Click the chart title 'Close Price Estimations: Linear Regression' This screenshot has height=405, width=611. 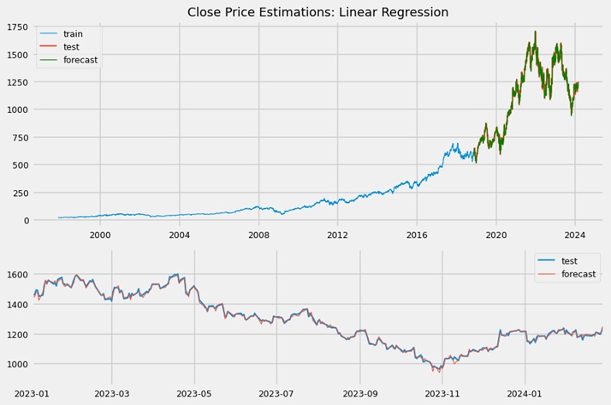point(317,12)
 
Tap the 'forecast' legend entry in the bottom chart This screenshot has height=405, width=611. point(579,275)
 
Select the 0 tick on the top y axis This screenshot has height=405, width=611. point(26,221)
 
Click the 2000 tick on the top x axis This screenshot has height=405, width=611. point(100,234)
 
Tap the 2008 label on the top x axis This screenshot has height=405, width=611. point(258,234)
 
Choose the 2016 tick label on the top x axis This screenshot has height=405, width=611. point(417,234)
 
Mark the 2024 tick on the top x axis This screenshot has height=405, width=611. point(575,234)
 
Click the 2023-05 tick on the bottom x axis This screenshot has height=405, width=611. point(194,393)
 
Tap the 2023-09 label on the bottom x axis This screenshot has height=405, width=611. point(359,393)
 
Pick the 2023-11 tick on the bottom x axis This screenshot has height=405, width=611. point(442,393)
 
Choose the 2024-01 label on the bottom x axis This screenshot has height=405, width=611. point(525,393)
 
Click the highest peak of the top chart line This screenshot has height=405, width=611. point(536,33)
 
